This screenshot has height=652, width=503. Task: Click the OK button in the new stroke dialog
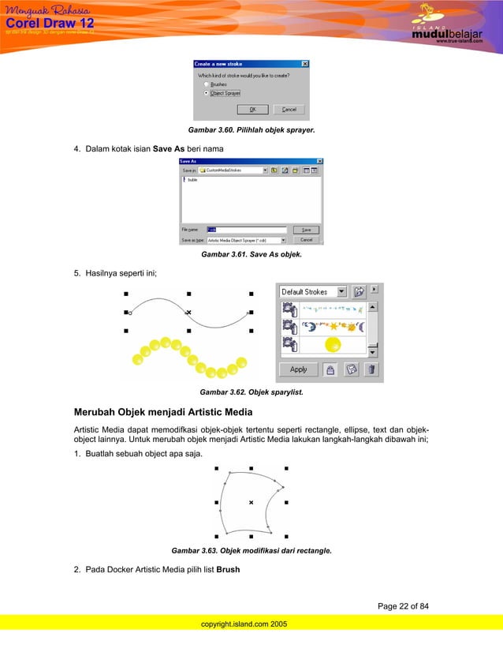pyautogui.click(x=252, y=110)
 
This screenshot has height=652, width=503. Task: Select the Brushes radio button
pyautogui.click(x=207, y=83)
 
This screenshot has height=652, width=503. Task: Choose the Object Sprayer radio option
pyautogui.click(x=207, y=92)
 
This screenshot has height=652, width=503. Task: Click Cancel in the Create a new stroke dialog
pyautogui.click(x=289, y=110)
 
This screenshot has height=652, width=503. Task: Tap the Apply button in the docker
pyautogui.click(x=299, y=369)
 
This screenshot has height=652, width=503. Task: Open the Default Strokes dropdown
pyautogui.click(x=341, y=291)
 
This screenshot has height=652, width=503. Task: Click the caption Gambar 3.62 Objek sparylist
pyautogui.click(x=251, y=392)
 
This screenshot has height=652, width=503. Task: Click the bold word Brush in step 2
pyautogui.click(x=228, y=568)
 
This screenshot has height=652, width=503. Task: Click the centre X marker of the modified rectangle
pyautogui.click(x=251, y=502)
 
